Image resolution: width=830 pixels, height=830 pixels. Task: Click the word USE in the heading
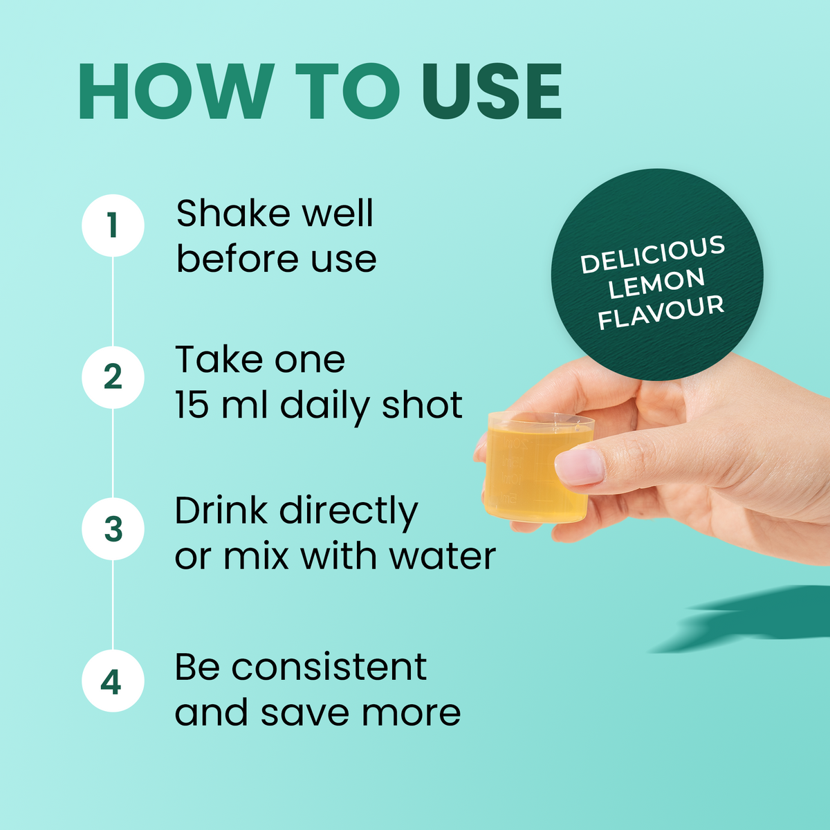coord(492,91)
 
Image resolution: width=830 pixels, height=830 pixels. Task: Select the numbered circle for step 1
coord(113,225)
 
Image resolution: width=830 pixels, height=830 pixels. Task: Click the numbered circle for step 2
coord(113,377)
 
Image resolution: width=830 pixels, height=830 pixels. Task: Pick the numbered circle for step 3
coord(113,528)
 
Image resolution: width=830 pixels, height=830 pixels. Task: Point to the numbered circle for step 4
coord(113,681)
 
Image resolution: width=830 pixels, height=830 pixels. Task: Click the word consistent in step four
coord(329,667)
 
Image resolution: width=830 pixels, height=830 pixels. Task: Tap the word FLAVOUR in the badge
coord(661,312)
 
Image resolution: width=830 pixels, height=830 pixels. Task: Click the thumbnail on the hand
coord(580,466)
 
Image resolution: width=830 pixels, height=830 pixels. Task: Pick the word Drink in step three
coord(221,510)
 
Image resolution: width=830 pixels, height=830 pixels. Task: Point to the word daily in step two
coord(325,407)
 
